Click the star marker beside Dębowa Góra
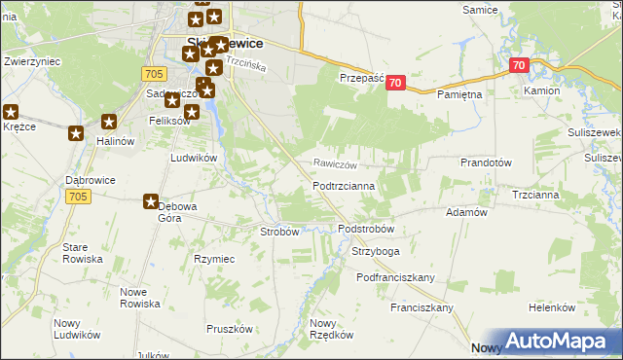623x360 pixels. [x=151, y=202]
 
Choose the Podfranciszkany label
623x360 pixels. [x=395, y=277]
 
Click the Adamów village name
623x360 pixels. [x=465, y=211]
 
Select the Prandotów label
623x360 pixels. [x=486, y=163]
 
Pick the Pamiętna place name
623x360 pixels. [x=459, y=94]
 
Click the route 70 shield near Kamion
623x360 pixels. [x=518, y=66]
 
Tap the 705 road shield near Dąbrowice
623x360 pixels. [x=81, y=197]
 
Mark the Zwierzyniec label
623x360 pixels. [x=33, y=60]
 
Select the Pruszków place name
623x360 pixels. [x=230, y=329]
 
